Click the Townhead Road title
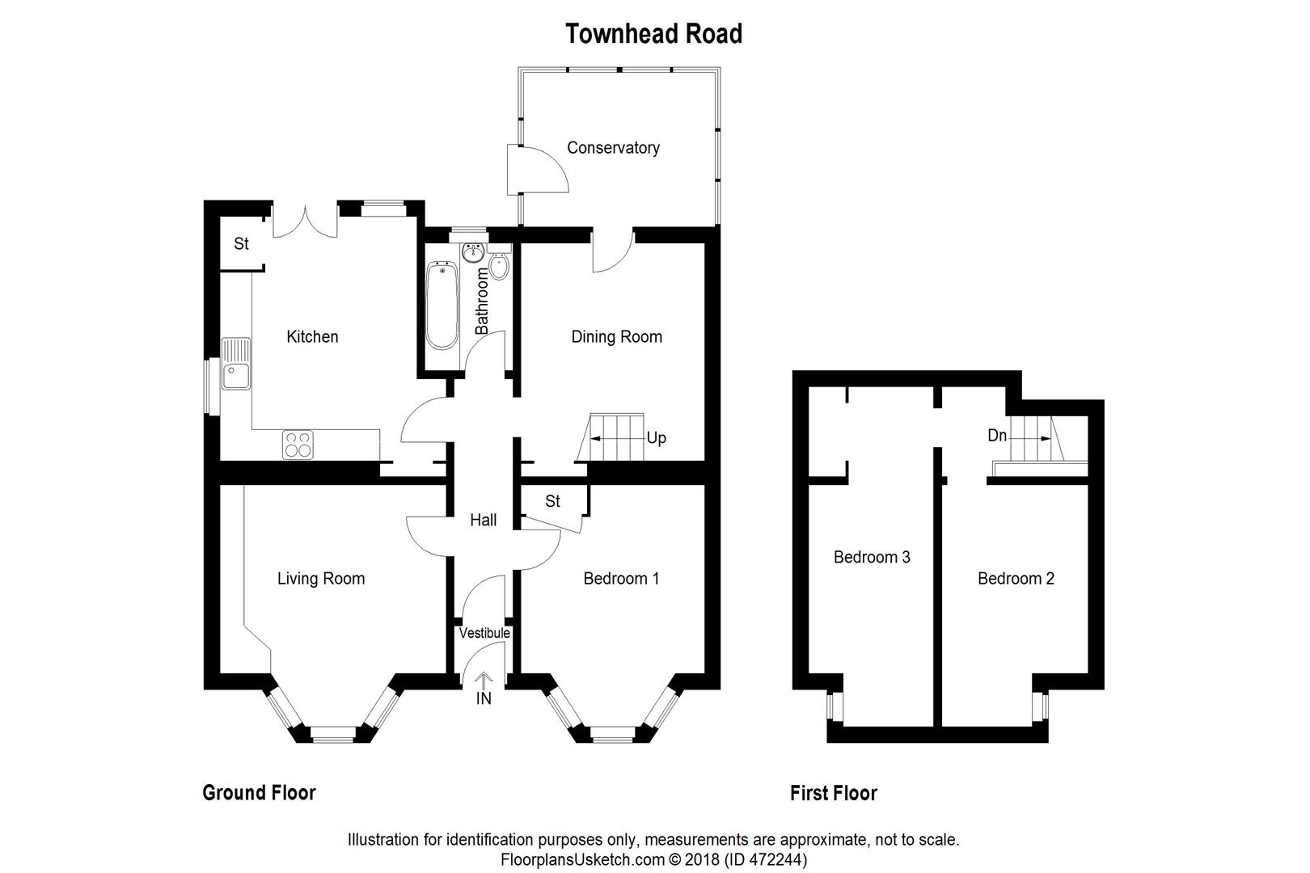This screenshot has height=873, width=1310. (653, 34)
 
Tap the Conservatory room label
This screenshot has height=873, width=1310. (613, 148)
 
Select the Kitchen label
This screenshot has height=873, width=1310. (312, 336)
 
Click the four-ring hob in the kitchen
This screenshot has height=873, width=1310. (298, 445)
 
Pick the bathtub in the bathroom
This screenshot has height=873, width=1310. (442, 305)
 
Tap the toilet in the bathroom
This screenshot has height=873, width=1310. (499, 267)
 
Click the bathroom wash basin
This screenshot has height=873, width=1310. (473, 253)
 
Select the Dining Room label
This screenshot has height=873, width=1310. (616, 336)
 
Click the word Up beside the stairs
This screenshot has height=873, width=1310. (656, 438)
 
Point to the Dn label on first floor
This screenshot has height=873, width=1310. (997, 436)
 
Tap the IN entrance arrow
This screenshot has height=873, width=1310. (484, 684)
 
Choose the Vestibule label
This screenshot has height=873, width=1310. (484, 633)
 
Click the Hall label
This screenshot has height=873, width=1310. (484, 520)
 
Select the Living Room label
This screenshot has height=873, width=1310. (321, 578)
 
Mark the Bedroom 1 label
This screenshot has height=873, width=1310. (621, 578)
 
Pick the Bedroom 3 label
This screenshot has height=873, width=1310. (872, 557)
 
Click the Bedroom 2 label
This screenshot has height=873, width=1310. (1016, 578)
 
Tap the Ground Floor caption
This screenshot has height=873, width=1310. (259, 793)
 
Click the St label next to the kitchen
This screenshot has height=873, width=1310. (241, 243)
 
